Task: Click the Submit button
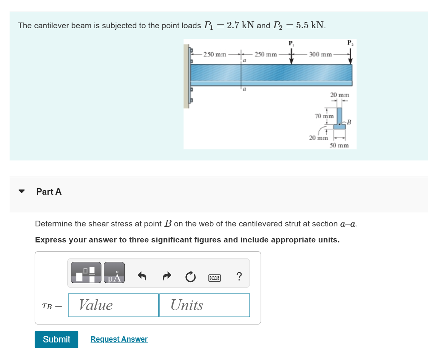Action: (57, 339)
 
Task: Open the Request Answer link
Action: (119, 339)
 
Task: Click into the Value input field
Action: (113, 305)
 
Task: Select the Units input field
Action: (204, 305)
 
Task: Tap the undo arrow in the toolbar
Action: (142, 276)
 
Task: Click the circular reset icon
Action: (190, 276)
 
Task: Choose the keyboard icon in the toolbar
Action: (215, 276)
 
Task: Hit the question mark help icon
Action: (239, 276)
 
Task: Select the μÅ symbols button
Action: (114, 273)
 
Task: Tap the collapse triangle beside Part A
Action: (22, 192)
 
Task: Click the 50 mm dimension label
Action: (339, 145)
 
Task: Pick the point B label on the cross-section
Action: (349, 122)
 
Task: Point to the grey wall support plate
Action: (186, 76)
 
